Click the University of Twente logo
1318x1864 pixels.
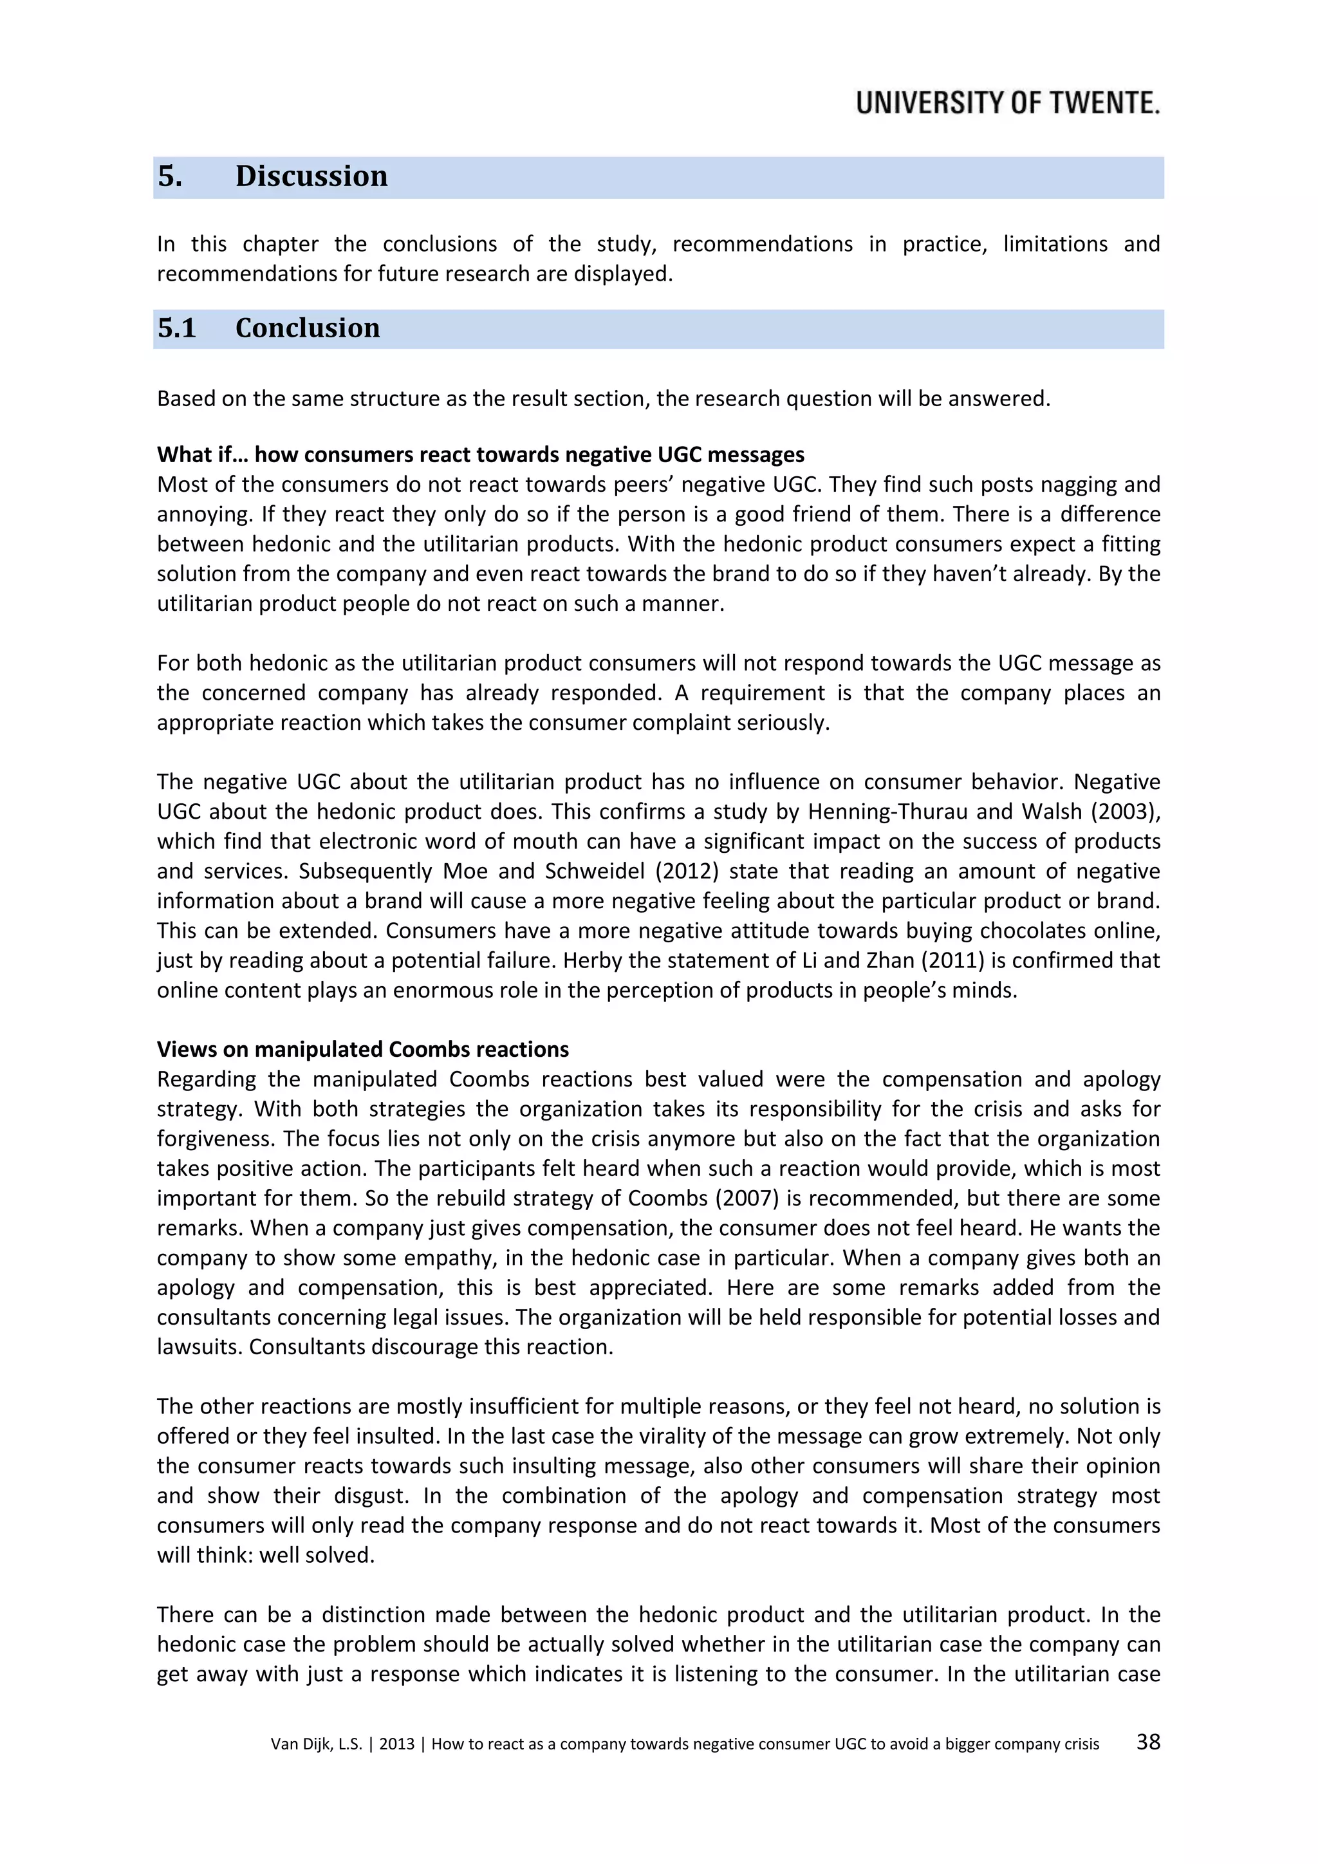(x=1007, y=103)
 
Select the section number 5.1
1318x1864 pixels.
(x=177, y=328)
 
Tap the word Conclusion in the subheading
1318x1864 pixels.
(x=307, y=328)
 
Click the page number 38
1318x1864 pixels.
(x=1147, y=1742)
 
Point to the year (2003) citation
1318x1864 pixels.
(x=1129, y=811)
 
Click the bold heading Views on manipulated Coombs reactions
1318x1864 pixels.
(x=363, y=1049)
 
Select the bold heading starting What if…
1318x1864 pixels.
(x=481, y=454)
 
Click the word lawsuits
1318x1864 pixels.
(x=199, y=1347)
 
